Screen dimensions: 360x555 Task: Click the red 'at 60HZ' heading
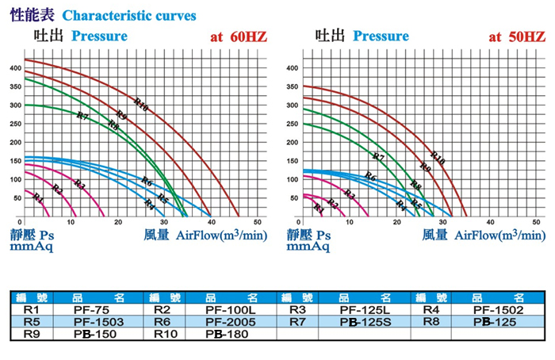pos(238,36)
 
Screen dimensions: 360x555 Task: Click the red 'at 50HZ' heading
pos(517,36)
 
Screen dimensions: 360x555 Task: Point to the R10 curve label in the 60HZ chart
pos(142,104)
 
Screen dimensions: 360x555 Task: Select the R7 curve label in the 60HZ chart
pos(82,117)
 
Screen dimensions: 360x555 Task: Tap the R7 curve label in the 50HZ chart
pos(378,157)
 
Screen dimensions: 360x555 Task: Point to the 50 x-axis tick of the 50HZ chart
pos(538,223)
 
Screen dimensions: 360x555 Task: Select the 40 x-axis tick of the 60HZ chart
pos(211,223)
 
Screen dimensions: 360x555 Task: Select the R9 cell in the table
pos(32,335)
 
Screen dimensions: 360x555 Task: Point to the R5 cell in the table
pos(32,323)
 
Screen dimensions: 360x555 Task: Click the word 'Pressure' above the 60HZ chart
pos(99,36)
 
